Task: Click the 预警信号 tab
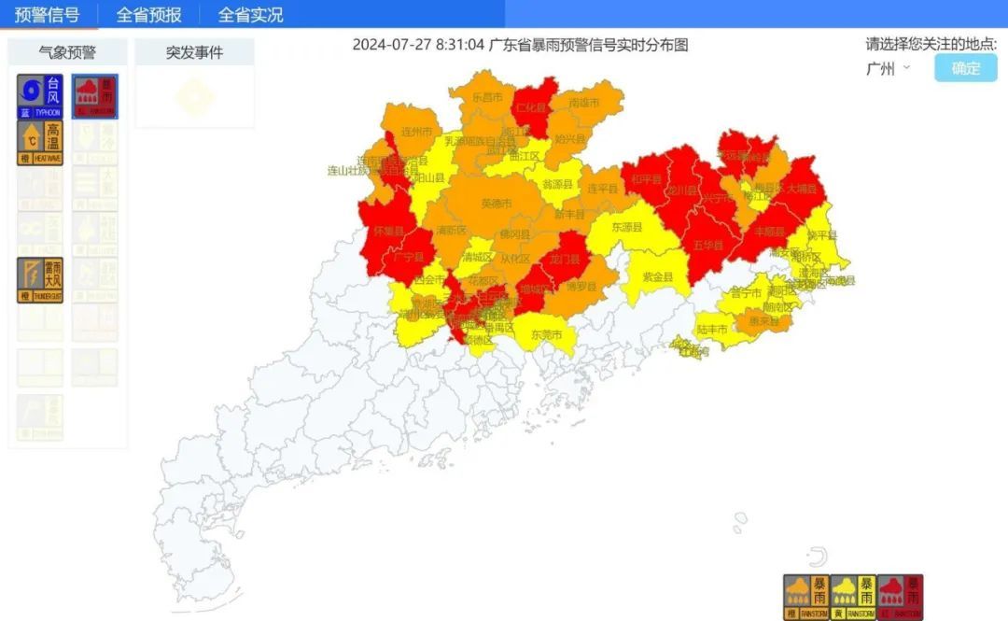pyautogui.click(x=47, y=14)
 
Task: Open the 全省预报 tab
pyautogui.click(x=148, y=14)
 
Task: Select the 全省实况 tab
pyautogui.click(x=250, y=14)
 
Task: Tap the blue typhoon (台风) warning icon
pyautogui.click(x=40, y=97)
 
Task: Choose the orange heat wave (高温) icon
pyautogui.click(x=40, y=143)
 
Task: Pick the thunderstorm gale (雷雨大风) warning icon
pyautogui.click(x=40, y=280)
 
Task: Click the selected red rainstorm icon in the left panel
pyautogui.click(x=95, y=97)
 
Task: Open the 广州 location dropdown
pyautogui.click(x=888, y=68)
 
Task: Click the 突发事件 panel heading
pyautogui.click(x=194, y=52)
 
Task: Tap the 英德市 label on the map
pyautogui.click(x=496, y=204)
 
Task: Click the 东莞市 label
pyautogui.click(x=546, y=334)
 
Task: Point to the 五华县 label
pyautogui.click(x=708, y=245)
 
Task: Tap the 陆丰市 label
pyautogui.click(x=712, y=329)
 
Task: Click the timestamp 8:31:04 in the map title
pyautogui.click(x=460, y=44)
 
